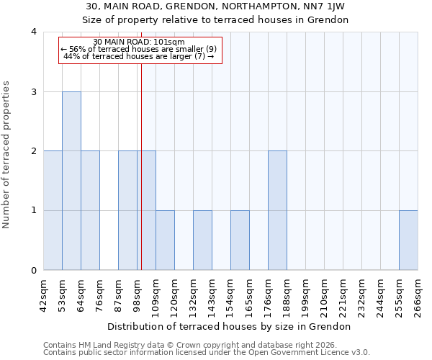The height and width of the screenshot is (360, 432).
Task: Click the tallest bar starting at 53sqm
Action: [x=71, y=181]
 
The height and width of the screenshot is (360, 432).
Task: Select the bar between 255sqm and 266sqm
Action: [x=408, y=240]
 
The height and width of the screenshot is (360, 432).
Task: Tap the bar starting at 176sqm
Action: [x=277, y=210]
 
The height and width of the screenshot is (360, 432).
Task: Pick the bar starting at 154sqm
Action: [x=240, y=240]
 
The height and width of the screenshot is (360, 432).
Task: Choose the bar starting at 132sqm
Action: [x=202, y=240]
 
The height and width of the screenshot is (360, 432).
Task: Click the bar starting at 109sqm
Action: [x=165, y=240]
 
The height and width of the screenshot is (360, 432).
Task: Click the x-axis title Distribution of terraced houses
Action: [x=233, y=326]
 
